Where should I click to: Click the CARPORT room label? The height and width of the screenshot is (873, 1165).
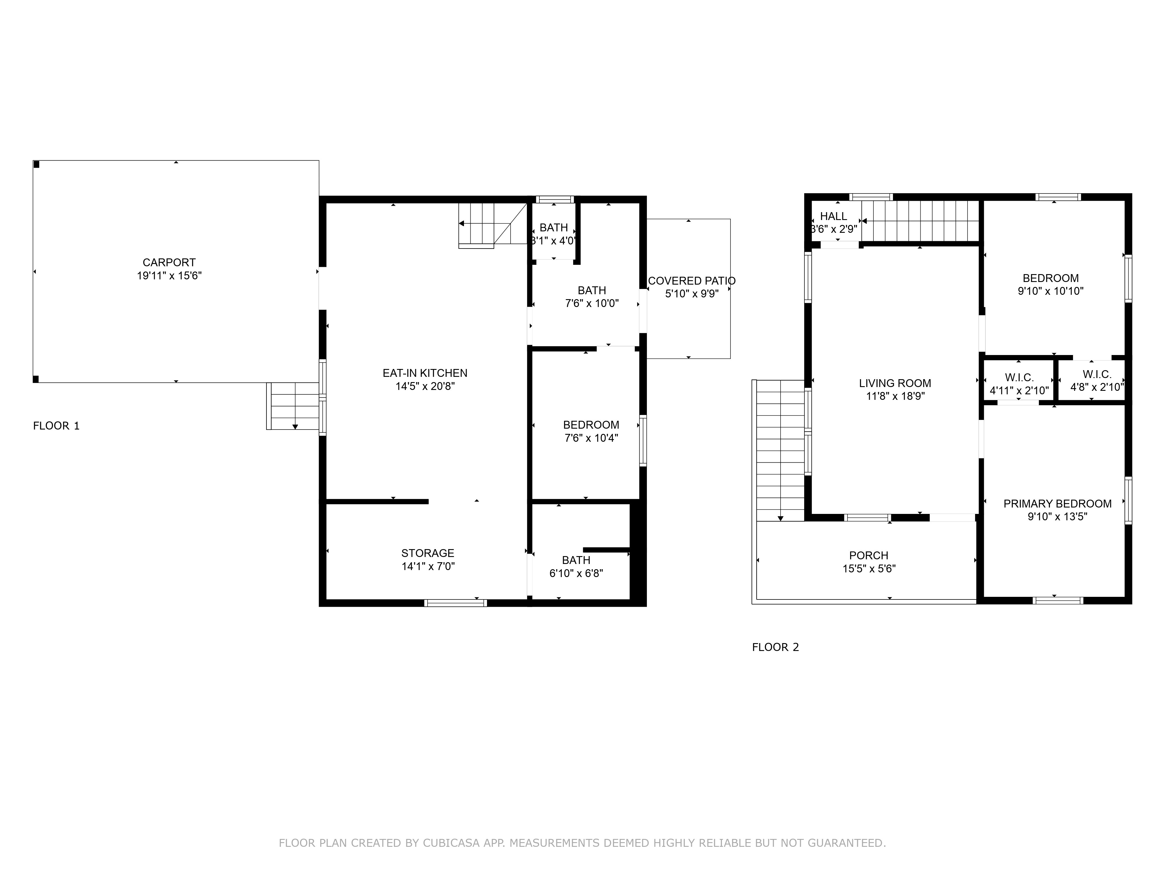click(169, 262)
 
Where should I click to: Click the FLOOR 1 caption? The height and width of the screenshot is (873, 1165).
click(56, 426)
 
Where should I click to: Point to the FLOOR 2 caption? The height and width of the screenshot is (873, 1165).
click(775, 647)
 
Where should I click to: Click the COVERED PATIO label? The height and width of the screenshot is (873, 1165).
click(691, 281)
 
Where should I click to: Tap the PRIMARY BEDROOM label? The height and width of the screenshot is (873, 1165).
click(1058, 504)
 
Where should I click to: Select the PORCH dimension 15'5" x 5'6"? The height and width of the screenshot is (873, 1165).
click(869, 568)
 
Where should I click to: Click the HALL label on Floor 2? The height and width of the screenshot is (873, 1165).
click(834, 216)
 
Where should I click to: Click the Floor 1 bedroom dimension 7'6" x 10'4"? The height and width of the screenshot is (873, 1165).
click(592, 438)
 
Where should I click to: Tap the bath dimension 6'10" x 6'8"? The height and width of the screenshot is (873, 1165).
click(576, 573)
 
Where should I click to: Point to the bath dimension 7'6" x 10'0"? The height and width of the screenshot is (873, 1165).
click(592, 303)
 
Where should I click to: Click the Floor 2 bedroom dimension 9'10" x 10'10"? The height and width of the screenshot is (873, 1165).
click(1051, 291)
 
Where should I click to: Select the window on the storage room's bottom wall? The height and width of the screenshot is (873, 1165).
click(456, 603)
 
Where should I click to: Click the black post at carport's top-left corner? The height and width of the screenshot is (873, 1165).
click(36, 164)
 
